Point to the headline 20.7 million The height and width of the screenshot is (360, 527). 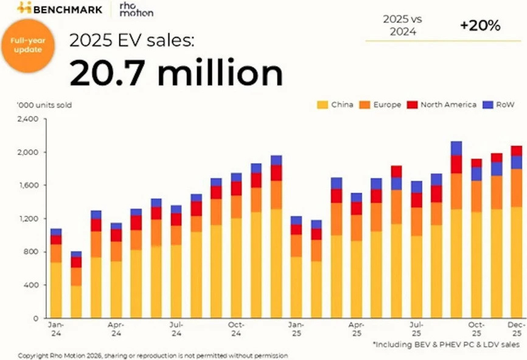(x=176, y=72)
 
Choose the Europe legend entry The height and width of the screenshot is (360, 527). (x=382, y=105)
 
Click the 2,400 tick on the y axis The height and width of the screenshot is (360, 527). (x=29, y=119)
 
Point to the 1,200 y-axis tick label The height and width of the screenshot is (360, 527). (x=29, y=219)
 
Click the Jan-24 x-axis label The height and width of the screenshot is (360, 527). (x=55, y=328)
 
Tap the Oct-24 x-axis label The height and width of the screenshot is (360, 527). (x=236, y=328)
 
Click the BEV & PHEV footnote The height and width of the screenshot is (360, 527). (x=445, y=344)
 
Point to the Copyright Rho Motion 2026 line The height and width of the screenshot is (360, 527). (x=153, y=355)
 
